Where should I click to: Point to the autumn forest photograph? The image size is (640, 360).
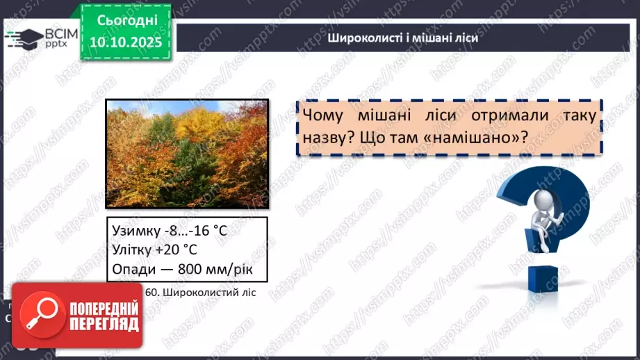coord(186,153)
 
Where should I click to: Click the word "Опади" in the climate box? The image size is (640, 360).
coord(132,268)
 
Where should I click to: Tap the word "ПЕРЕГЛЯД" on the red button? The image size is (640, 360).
coord(104,325)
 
